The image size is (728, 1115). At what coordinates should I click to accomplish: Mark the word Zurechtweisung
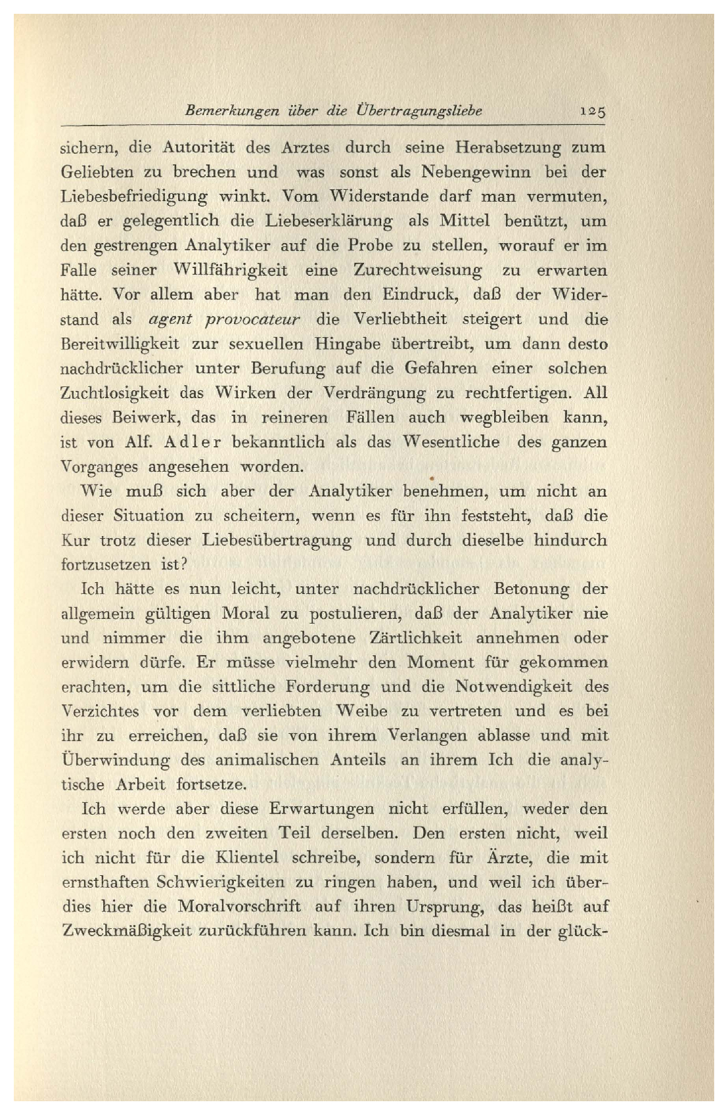click(x=418, y=271)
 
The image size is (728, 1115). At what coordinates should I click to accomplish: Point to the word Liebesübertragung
click(x=276, y=541)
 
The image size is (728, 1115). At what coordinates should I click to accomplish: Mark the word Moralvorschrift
click(x=239, y=907)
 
